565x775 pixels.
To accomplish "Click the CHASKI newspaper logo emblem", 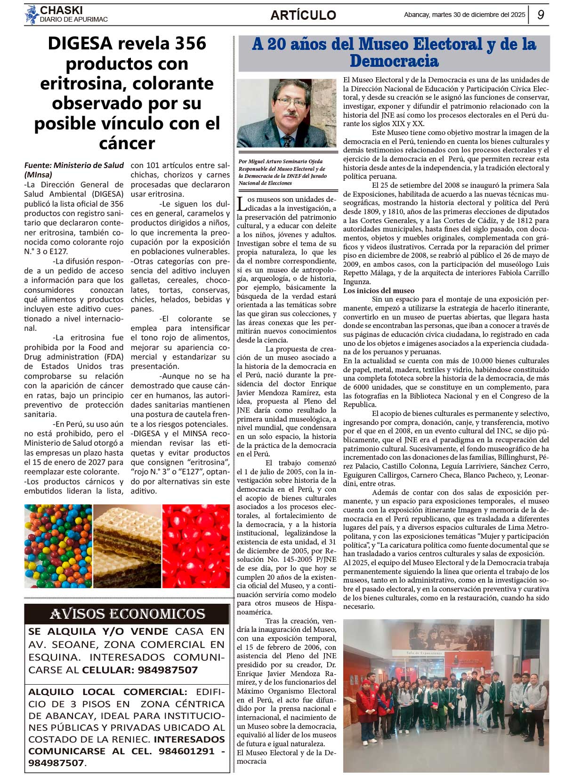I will [x=32, y=15].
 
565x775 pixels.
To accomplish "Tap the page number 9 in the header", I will [x=541, y=15].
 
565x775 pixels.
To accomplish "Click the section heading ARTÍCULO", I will [x=303, y=15].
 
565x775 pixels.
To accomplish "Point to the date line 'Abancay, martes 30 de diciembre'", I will [x=464, y=15].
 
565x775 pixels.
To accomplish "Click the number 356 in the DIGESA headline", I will [x=184, y=43].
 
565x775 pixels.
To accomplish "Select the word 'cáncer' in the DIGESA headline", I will [x=127, y=143].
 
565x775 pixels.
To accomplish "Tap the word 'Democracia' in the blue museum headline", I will [x=394, y=61].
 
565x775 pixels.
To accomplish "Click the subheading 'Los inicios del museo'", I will [x=379, y=290].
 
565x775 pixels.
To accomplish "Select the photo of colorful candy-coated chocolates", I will [x=58, y=546].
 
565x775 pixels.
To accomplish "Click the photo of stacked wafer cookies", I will [x=127, y=546].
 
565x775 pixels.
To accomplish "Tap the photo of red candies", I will [x=196, y=546].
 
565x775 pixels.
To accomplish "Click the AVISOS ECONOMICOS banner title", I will [x=127, y=614].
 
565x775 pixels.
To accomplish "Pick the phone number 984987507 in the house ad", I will [x=168, y=670].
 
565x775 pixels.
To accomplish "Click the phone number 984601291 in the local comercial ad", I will [x=186, y=751].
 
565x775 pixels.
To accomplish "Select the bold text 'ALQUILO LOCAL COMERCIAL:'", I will [x=107, y=692].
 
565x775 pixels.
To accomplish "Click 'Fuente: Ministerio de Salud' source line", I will [x=74, y=165].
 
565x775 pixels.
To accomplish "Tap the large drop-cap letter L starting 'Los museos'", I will [x=241, y=204].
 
